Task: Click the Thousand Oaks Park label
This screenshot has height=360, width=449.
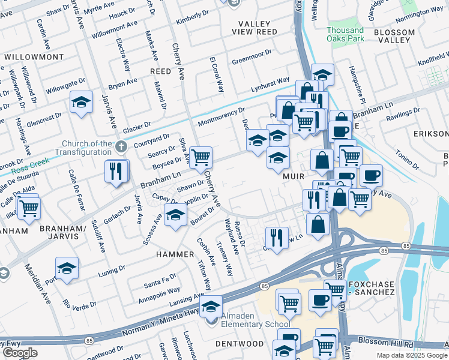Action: pos(345,34)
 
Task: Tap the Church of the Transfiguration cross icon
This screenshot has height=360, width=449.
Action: pos(122,146)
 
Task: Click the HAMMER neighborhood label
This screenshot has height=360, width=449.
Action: pos(176,254)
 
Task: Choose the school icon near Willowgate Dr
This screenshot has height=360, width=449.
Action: pos(81,102)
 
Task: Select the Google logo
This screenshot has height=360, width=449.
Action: pos(20,353)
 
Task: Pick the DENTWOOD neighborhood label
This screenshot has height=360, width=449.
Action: pos(243,344)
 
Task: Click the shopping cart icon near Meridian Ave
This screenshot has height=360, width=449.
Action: pos(28,208)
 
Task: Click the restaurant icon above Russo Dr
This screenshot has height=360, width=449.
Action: pos(276,236)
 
